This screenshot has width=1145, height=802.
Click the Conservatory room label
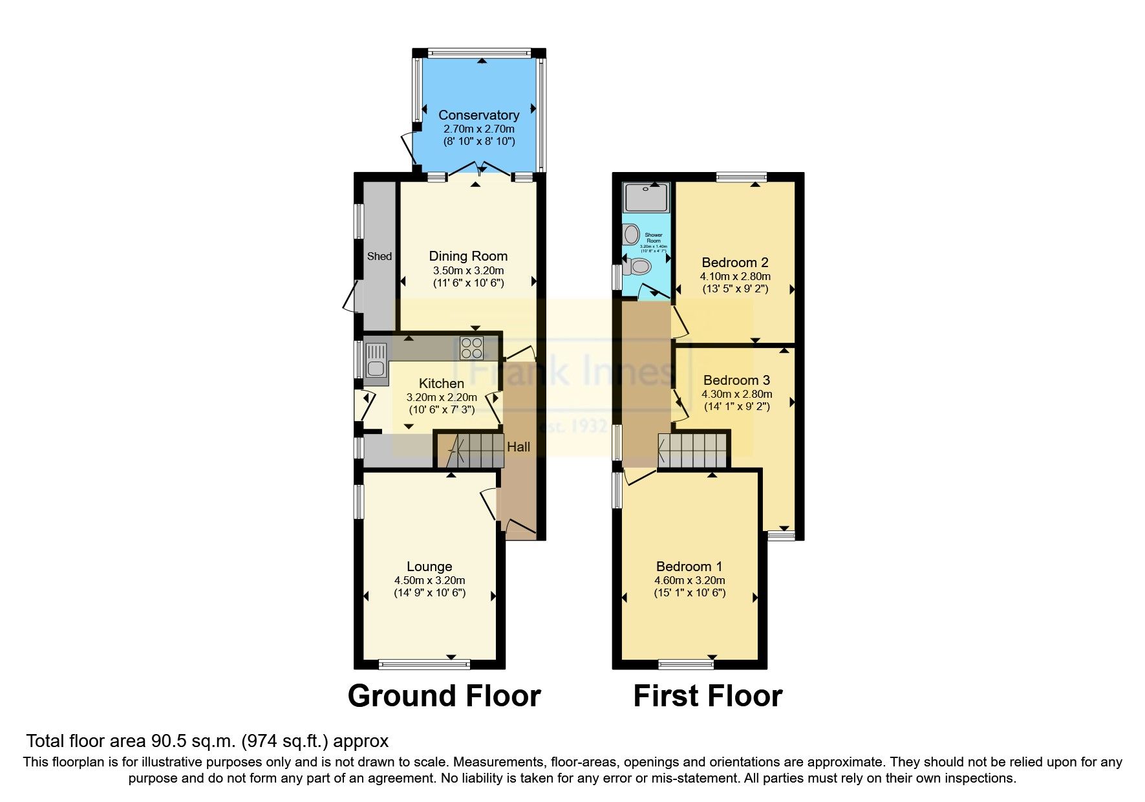[x=478, y=115]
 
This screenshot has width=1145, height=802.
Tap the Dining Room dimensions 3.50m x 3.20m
[x=468, y=270]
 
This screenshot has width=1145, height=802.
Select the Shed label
[x=380, y=256]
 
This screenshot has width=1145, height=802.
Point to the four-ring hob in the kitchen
[x=471, y=349]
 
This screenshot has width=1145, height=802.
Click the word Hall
[x=519, y=447]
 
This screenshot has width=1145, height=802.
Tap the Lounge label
[x=429, y=567]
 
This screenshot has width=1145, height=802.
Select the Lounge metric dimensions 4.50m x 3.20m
[x=429, y=580]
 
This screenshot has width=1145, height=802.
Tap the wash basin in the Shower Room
[x=632, y=235]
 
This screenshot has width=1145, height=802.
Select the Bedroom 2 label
[x=735, y=263]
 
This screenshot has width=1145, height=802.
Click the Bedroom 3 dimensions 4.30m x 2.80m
[x=736, y=394]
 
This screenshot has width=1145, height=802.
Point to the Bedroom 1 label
[x=689, y=567]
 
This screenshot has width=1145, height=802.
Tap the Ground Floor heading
[x=444, y=697]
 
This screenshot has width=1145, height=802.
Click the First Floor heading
[x=707, y=697]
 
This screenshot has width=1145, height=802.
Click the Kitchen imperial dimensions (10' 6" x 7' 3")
[x=442, y=409]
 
